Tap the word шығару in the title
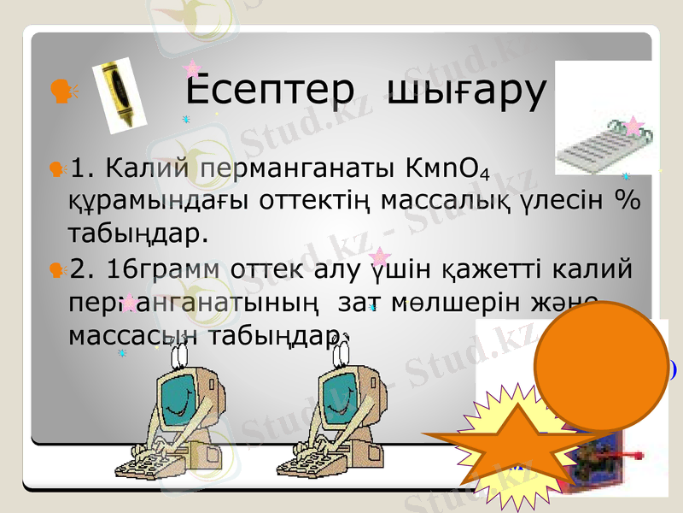465,91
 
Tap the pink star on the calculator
633,127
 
